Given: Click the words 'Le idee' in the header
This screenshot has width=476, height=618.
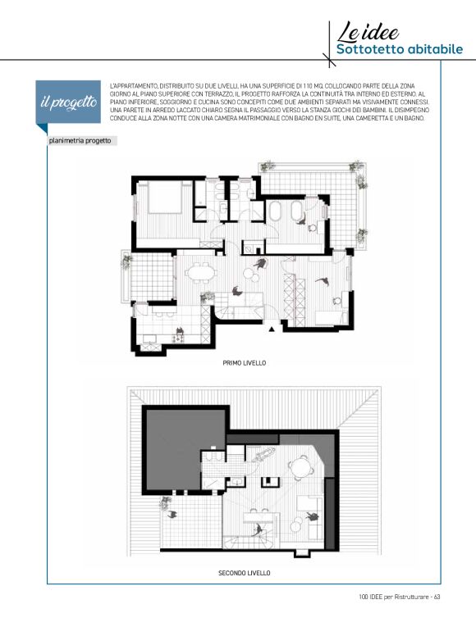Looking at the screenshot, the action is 368,32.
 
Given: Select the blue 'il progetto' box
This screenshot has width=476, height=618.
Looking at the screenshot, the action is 68,102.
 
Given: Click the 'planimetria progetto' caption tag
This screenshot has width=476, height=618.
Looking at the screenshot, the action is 80,141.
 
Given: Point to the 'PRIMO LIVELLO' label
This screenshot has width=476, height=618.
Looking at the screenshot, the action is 245,363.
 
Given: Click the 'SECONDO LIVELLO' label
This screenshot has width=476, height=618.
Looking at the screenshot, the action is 245,573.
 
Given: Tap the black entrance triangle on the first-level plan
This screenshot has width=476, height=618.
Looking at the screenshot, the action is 272,329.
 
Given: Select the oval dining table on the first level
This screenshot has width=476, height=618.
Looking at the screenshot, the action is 201,273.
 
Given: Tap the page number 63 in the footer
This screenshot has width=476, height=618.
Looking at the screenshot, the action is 437,597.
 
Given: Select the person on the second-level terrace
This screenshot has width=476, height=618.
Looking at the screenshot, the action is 172,514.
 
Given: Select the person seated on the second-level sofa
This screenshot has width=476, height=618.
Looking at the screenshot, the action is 312,516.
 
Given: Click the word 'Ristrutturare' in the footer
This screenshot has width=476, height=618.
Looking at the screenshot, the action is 411,597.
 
